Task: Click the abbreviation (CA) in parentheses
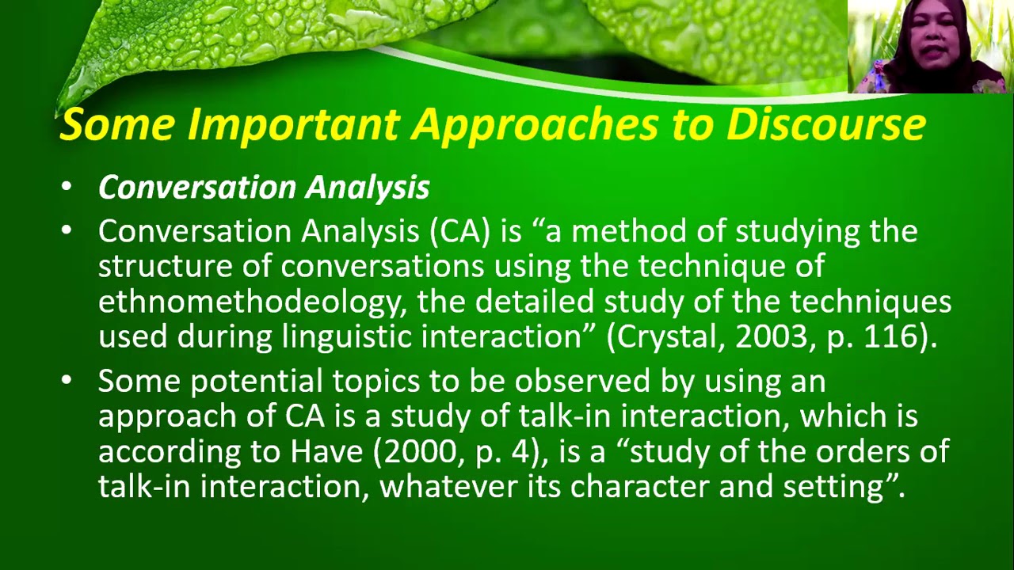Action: tap(459, 231)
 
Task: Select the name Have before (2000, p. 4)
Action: tap(326, 451)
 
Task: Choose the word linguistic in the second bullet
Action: tap(346, 337)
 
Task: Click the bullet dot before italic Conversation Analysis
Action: tap(67, 187)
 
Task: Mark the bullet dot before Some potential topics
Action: tap(67, 381)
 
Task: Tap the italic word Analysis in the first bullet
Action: tap(367, 188)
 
